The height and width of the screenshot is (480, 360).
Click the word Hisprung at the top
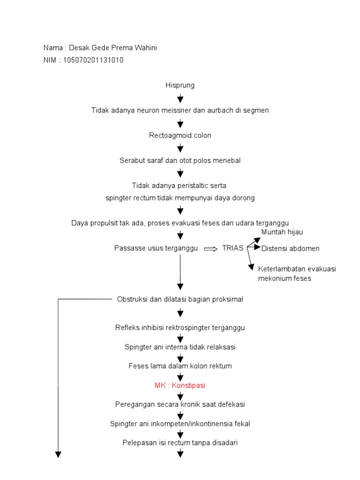[180, 85]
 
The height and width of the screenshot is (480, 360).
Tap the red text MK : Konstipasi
[180, 385]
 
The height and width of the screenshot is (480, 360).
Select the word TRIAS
[232, 248]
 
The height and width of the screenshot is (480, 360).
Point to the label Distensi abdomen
[290, 248]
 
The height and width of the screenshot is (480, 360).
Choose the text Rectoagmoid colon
[180, 135]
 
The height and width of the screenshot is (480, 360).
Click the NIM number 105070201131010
[91, 60]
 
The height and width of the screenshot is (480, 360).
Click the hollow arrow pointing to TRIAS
[211, 248]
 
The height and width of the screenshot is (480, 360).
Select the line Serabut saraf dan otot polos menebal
[180, 160]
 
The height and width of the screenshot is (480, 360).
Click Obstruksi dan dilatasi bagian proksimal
[180, 299]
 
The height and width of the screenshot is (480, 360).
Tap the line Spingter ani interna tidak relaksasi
[180, 347]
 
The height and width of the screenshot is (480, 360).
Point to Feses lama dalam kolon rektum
[180, 366]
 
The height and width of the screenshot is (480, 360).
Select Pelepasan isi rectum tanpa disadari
[180, 442]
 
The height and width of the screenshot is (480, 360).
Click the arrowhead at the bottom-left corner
[59, 453]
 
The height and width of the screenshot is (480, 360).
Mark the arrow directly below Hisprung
[180, 98]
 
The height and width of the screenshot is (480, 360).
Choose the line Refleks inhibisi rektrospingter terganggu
[180, 328]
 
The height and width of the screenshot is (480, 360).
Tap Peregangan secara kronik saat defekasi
[180, 404]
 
